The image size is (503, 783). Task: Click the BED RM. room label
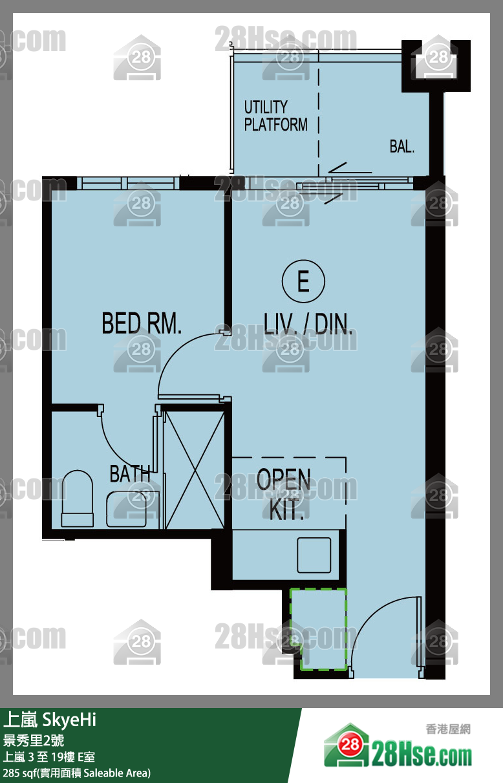point(142,323)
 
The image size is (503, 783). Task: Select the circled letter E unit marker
point(303,281)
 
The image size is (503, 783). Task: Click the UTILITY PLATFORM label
point(276,116)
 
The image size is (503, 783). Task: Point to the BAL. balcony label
point(402,146)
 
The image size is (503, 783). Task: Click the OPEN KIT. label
point(284,493)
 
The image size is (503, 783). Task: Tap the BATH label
point(130,474)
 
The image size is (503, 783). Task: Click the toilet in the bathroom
point(77,498)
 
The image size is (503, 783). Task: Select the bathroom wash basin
point(127,509)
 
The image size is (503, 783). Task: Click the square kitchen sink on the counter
point(314,555)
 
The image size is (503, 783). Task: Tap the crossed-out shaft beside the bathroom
point(195,470)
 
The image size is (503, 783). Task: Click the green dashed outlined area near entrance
point(318,630)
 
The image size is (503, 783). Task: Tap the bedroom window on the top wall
point(127,183)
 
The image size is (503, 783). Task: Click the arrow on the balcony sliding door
point(350,171)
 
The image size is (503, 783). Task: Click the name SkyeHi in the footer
point(69,720)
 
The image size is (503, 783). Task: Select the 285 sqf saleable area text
point(77,773)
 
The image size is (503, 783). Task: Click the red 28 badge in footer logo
point(350,744)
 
